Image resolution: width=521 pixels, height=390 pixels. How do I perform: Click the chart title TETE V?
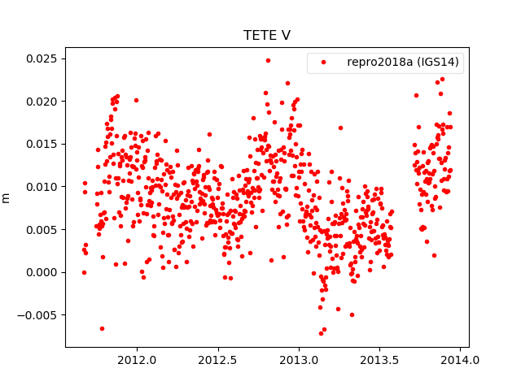tap(267, 36)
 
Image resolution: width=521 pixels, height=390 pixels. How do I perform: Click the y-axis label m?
tap(7, 197)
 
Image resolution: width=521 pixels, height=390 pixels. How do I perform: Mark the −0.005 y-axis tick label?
tap(36, 314)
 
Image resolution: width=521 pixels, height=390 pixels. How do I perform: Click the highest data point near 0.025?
tap(268, 60)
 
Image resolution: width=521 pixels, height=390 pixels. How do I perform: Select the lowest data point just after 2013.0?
tap(321, 333)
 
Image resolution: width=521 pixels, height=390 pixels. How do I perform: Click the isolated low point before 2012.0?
tap(102, 328)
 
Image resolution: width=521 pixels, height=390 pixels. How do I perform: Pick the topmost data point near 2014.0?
tap(442, 80)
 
